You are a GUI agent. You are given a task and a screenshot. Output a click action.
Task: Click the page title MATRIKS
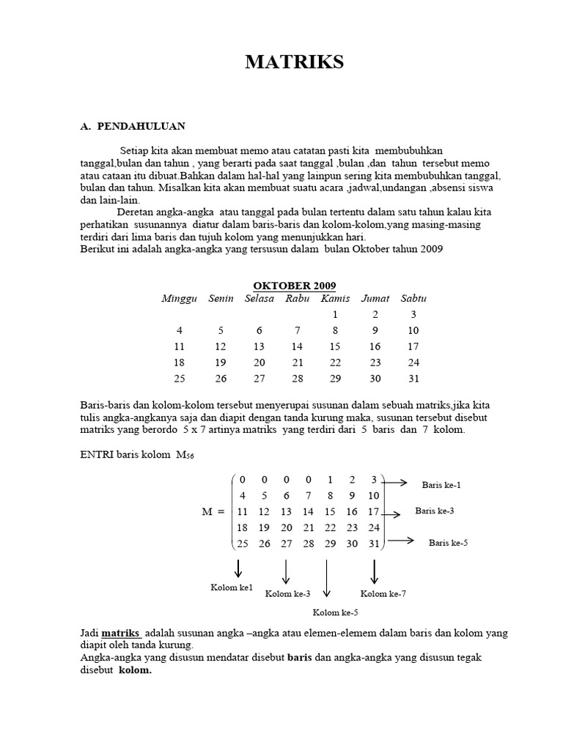coord(294,63)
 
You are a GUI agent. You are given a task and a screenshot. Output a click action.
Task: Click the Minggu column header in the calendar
coord(180,299)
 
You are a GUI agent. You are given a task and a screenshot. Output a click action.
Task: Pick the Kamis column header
coord(335,299)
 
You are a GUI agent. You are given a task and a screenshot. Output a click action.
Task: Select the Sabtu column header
coord(413,299)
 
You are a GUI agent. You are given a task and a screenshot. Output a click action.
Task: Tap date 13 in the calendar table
coord(259,346)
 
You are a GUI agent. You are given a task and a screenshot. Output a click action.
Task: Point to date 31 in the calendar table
coord(413,379)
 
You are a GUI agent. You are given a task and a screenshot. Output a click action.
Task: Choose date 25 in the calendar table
coord(180,379)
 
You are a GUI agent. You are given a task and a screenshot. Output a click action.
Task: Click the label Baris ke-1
coord(441,485)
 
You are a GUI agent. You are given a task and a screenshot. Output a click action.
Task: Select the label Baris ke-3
coord(435,511)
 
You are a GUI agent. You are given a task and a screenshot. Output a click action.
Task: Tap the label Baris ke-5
coord(449,543)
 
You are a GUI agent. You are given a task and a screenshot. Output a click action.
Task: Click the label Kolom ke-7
coord(383,594)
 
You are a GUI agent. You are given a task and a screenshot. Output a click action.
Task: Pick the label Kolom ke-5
coord(335,612)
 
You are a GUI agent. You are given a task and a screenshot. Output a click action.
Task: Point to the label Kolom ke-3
coord(287,594)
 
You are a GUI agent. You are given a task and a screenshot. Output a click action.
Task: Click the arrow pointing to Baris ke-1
coord(396,482)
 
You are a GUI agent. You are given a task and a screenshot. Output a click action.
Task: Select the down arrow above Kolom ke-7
coord(375,571)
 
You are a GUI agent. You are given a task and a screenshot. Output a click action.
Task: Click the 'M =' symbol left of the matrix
coord(213,511)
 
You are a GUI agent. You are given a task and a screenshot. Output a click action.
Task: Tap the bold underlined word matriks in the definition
coord(121,632)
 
